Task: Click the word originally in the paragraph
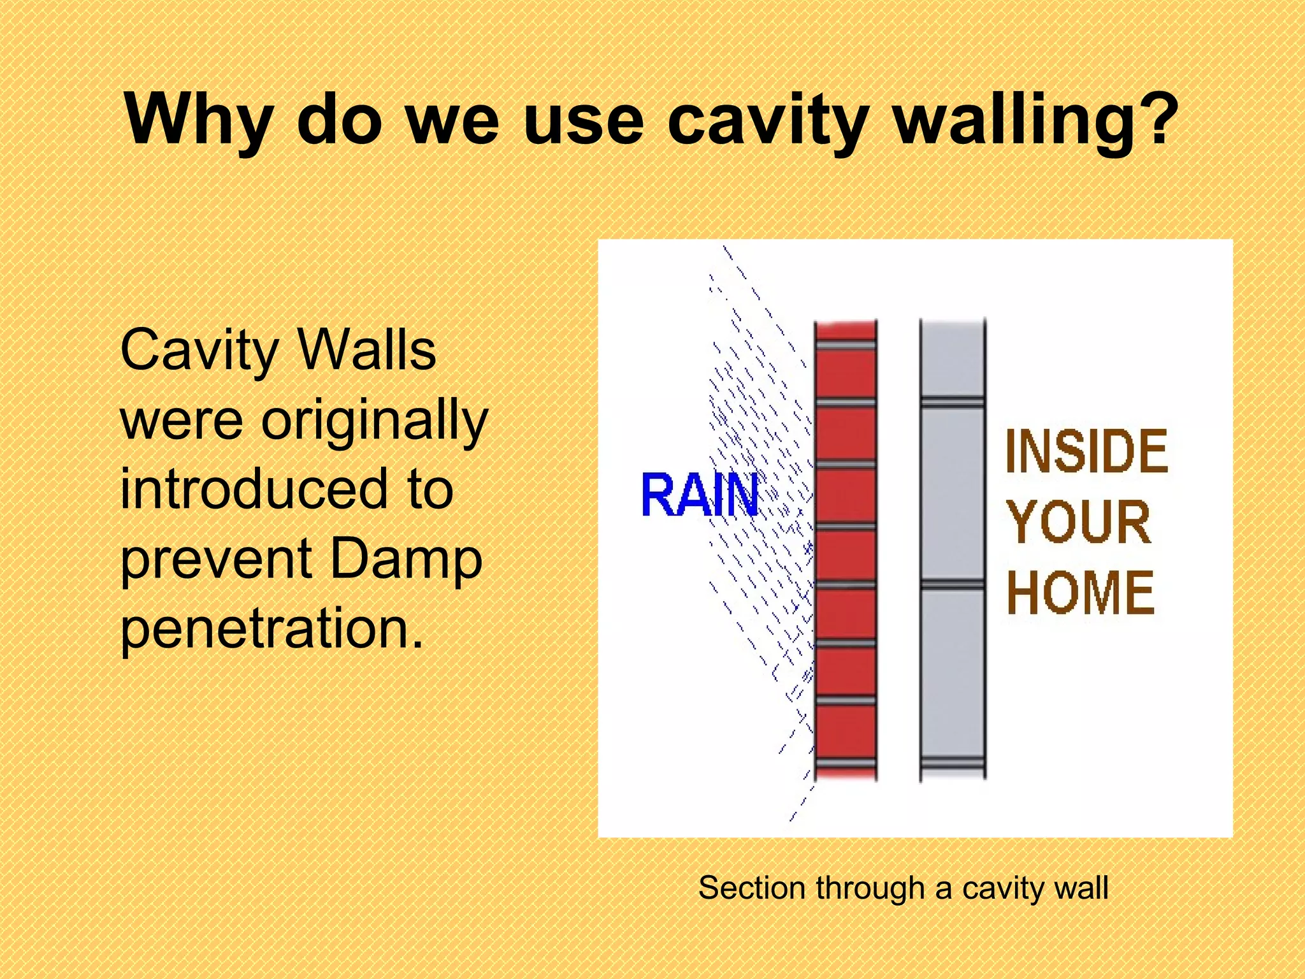coord(375,421)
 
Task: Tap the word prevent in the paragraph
coord(216,560)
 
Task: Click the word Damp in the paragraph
coord(407,560)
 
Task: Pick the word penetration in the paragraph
coord(271,628)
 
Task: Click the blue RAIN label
coord(700,495)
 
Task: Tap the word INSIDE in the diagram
coord(1086,452)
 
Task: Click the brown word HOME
coord(1081,593)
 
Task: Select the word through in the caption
coord(870,888)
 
